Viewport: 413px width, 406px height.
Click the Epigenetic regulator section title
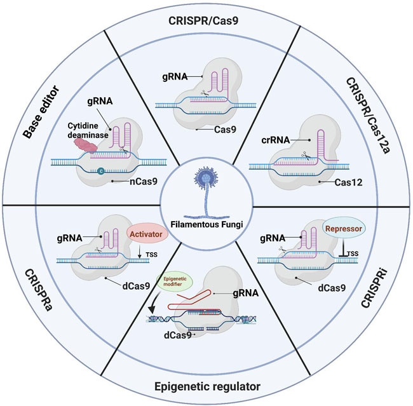[206, 386]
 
